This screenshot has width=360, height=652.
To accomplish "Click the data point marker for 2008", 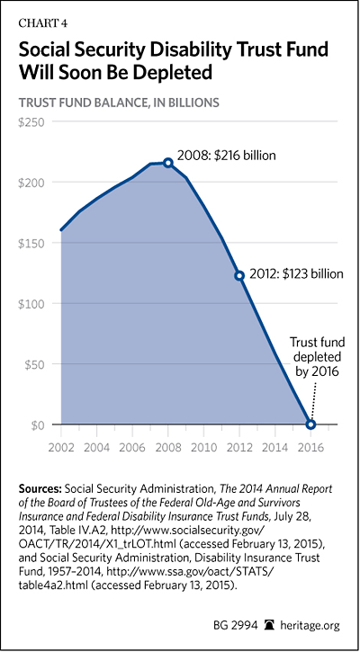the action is click(167, 163).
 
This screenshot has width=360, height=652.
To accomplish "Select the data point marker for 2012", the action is click(239, 276).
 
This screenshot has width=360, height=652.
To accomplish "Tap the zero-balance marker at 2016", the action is click(310, 424).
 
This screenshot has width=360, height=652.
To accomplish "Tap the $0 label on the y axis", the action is click(37, 424).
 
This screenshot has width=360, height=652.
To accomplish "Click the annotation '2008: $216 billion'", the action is click(227, 156).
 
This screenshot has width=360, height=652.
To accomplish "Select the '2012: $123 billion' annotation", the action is click(296, 274).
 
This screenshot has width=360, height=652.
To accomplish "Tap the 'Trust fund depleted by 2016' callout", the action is click(315, 357).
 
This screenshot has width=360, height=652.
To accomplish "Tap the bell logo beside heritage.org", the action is click(272, 625).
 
